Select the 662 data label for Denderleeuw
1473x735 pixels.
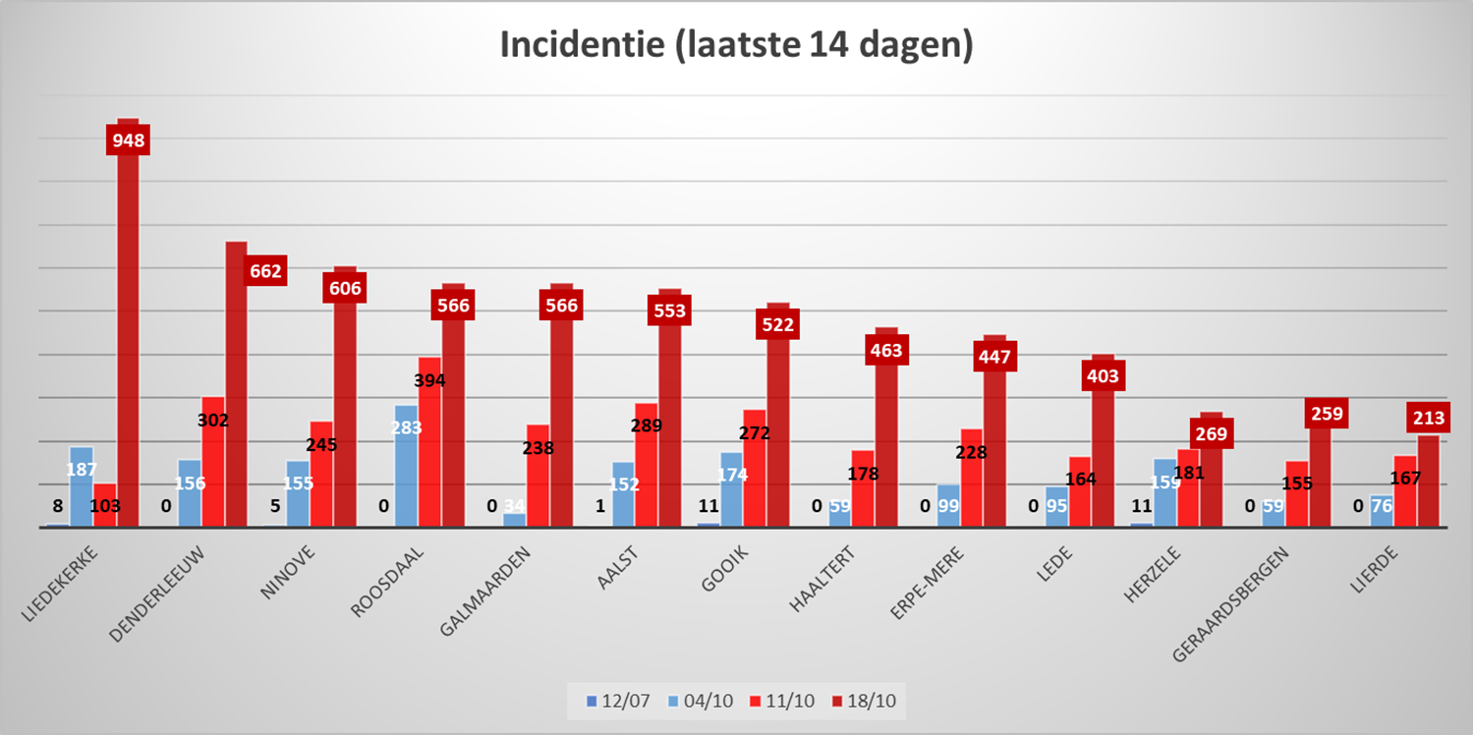click(x=265, y=271)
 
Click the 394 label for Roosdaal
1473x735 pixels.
click(x=430, y=380)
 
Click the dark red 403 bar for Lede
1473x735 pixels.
click(x=1103, y=452)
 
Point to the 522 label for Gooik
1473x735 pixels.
click(x=778, y=324)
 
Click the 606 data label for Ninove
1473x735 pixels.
click(x=345, y=288)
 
